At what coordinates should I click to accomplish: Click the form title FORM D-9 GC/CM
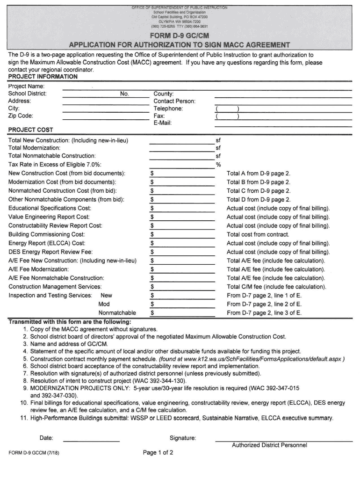click(x=180, y=36)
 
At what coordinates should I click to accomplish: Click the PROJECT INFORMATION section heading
click(x=43, y=76)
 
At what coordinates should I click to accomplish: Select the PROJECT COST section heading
click(x=31, y=130)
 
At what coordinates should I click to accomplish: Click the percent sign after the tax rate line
click(x=218, y=165)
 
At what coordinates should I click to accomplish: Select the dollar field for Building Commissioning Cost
click(x=182, y=234)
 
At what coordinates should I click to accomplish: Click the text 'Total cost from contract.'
click(x=258, y=234)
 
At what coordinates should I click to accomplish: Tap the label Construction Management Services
click(x=55, y=287)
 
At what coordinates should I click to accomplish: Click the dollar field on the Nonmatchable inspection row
click(x=182, y=312)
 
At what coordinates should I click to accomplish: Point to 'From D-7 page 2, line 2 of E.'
click(x=264, y=304)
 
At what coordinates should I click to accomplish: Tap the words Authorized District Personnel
click(x=269, y=445)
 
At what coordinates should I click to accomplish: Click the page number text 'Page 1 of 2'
click(x=158, y=453)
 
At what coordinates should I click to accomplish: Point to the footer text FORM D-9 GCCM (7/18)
click(x=34, y=453)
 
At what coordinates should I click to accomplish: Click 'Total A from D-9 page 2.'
click(x=259, y=174)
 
